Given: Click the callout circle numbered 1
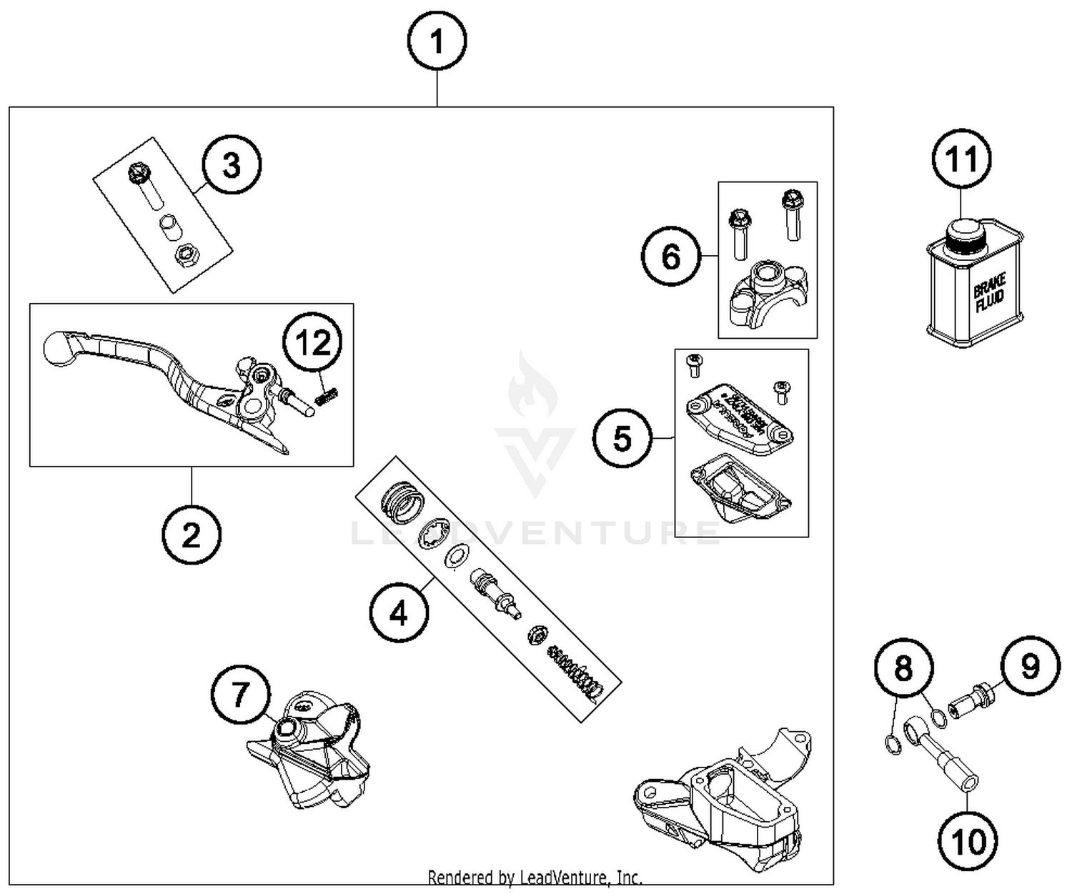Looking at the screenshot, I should click(x=437, y=41).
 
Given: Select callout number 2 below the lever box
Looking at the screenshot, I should click(x=191, y=535).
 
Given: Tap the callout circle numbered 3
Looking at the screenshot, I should click(x=232, y=165).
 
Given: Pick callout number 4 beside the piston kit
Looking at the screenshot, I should click(x=399, y=612).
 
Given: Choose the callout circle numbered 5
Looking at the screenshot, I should click(x=622, y=437).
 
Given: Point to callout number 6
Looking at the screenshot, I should click(x=671, y=257).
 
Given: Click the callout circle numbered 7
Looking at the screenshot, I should click(x=240, y=694).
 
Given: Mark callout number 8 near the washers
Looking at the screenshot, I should click(x=904, y=668).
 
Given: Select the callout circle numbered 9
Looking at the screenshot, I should click(x=1030, y=666).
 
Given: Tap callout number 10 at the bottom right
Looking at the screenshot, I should click(x=969, y=841).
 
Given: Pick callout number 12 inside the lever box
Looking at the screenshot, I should click(x=312, y=344).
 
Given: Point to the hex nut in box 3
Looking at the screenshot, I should click(x=187, y=254).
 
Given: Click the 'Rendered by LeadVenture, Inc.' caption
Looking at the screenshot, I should click(x=535, y=877).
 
